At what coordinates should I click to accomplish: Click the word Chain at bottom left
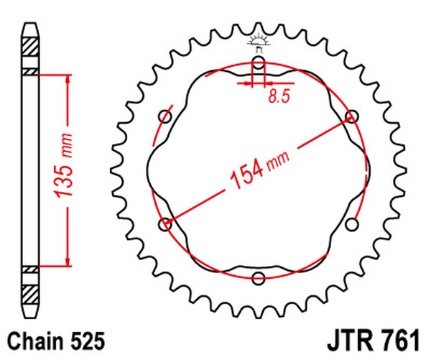point(34,338)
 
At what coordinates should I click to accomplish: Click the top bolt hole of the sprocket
point(259,66)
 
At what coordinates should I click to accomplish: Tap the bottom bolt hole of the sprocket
point(259,278)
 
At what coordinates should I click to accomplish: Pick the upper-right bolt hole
point(351,116)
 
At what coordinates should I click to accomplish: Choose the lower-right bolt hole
point(351,226)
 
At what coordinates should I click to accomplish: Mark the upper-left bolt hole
point(167,116)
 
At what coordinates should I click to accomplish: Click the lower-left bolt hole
point(167,224)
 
